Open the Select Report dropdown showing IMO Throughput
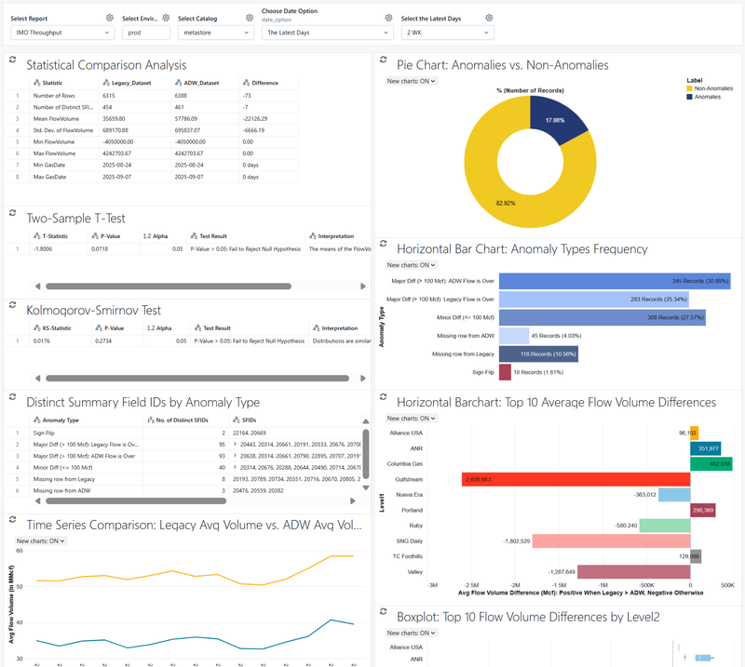tap(59, 33)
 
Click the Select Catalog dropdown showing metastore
tap(215, 33)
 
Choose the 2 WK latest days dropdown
tap(447, 33)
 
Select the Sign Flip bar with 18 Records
tap(505, 372)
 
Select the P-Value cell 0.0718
tap(108, 249)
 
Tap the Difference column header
tap(264, 83)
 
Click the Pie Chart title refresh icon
tap(386, 60)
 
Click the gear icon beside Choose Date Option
tap(389, 18)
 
